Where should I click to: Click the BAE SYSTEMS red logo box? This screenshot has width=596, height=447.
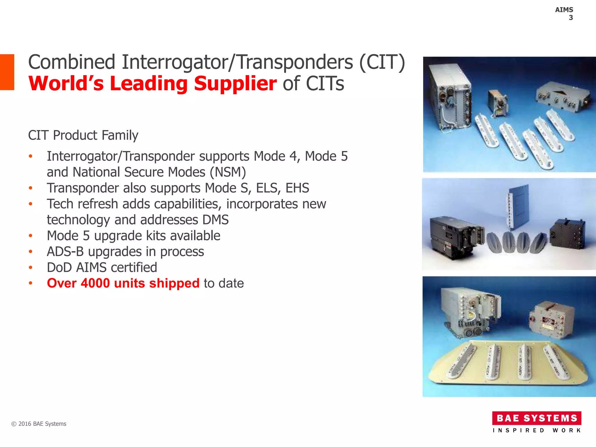(x=537, y=418)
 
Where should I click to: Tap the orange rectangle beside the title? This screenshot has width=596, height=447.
(x=7, y=72)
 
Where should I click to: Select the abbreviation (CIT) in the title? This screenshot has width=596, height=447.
(x=382, y=62)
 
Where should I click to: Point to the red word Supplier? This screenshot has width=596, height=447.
(x=235, y=84)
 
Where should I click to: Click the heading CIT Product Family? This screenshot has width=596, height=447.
(x=83, y=135)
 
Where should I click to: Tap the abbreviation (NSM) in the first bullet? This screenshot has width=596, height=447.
(x=228, y=172)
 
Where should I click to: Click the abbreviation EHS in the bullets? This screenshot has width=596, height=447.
(x=297, y=188)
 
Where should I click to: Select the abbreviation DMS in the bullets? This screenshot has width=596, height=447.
(x=216, y=220)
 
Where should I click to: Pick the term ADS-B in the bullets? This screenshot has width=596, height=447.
(x=65, y=252)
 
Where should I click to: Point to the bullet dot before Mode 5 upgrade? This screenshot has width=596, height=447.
(x=31, y=236)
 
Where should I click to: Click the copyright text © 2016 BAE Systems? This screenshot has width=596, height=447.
(x=39, y=424)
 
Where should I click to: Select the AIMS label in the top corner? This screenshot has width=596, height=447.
(x=564, y=10)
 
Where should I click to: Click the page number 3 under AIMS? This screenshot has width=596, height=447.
(x=571, y=18)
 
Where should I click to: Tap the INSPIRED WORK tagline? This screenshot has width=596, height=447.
(x=537, y=430)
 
